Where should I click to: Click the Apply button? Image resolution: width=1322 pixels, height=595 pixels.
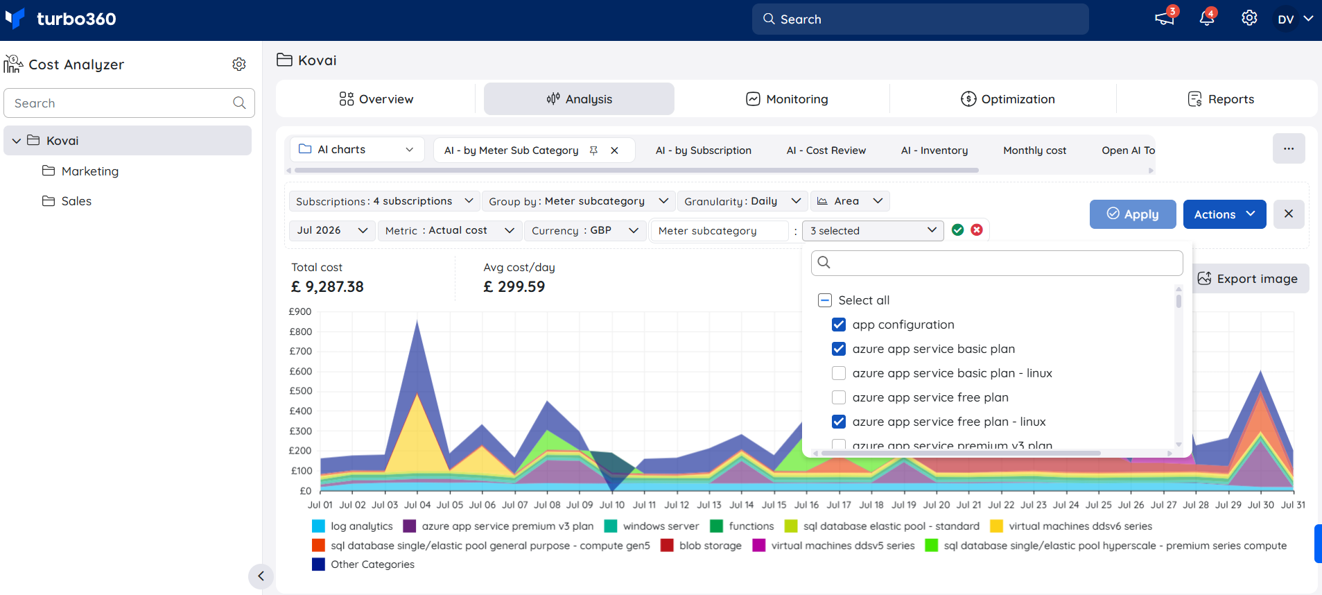coord(1133,214)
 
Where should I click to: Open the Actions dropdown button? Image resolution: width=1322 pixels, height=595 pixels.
coord(1224,214)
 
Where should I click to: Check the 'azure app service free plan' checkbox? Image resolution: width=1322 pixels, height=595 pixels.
coord(839,397)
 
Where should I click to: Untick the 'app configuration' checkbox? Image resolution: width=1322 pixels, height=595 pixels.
coord(839,325)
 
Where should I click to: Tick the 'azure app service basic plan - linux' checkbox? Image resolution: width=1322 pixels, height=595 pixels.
coord(839,373)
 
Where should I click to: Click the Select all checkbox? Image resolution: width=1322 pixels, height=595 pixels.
coord(825,300)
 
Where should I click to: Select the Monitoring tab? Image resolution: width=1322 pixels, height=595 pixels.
coord(787,99)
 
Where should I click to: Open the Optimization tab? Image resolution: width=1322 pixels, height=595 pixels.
coord(1008,99)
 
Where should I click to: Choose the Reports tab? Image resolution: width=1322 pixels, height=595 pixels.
coord(1221,99)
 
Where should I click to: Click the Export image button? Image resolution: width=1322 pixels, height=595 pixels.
coord(1248,278)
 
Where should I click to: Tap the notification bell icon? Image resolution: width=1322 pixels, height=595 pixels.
coord(1207,19)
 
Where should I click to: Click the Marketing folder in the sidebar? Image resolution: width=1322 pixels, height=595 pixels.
coord(80,171)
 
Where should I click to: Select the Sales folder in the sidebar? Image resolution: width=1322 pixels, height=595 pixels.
coord(67,201)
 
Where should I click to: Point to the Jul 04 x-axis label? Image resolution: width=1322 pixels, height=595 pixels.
coord(417,505)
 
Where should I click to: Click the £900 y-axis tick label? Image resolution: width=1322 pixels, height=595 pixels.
coord(300,311)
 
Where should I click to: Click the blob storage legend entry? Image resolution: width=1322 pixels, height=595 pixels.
coord(701,546)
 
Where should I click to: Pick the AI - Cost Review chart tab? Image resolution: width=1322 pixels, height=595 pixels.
coord(826,150)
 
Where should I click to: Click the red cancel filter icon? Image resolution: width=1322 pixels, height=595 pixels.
coord(977,230)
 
